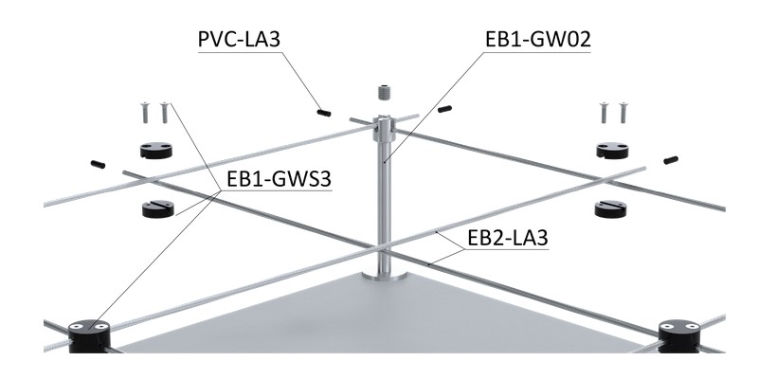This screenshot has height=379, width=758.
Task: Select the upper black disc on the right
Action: (613, 149)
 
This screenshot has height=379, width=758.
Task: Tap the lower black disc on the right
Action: (612, 208)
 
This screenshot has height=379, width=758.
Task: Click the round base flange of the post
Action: (385, 276)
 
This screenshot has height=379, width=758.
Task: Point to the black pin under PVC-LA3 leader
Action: (323, 111)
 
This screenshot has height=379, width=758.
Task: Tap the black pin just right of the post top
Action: (442, 110)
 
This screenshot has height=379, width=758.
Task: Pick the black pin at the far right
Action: (673, 159)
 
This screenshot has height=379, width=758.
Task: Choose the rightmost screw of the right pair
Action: (623, 112)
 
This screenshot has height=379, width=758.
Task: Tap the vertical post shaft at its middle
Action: (385, 189)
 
